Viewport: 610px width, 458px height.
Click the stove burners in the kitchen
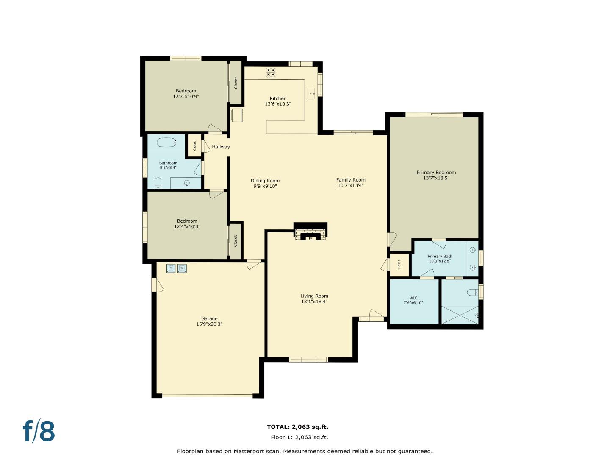[271, 73]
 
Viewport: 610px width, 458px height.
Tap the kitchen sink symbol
[311, 92]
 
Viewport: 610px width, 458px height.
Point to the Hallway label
[221, 147]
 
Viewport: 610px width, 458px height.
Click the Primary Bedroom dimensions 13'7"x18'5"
[436, 178]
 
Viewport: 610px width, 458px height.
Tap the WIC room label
[413, 298]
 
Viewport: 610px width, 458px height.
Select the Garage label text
[209, 318]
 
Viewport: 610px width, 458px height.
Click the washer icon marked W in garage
[182, 268]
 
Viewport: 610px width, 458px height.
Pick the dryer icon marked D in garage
[171, 268]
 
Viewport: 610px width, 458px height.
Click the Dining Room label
[265, 181]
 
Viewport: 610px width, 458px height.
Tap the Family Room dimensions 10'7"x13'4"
[351, 185]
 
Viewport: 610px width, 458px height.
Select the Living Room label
[314, 296]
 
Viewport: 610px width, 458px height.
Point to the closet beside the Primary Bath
[399, 265]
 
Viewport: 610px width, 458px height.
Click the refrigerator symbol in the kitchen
[237, 115]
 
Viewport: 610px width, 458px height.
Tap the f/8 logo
[39, 431]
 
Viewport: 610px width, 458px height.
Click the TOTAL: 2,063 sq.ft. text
[297, 427]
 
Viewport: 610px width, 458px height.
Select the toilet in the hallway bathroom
[158, 183]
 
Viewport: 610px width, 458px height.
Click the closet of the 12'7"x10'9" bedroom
[236, 83]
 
